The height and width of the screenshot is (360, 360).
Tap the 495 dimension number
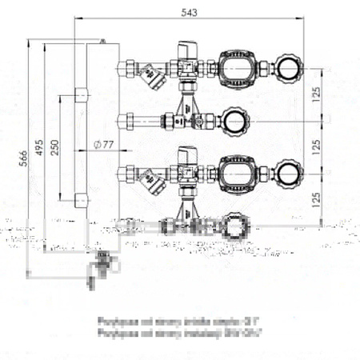[38, 152]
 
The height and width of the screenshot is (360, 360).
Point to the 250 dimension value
[54, 150]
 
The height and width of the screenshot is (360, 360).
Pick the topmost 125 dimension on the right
[319, 94]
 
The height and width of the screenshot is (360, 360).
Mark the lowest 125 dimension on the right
[319, 198]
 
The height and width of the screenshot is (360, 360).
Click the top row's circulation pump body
[238, 68]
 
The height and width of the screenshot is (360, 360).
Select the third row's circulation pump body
[238, 171]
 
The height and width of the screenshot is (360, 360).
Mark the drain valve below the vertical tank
[102, 262]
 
